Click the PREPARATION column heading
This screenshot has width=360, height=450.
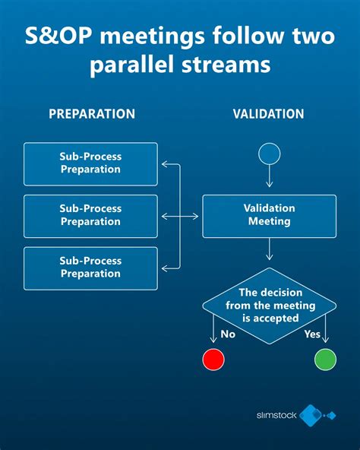[92, 114]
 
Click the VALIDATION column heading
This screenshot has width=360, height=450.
[268, 114]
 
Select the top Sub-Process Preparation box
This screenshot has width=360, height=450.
[90, 163]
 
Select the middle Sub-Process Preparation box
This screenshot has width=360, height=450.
[90, 216]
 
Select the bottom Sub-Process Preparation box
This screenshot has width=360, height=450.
[90, 268]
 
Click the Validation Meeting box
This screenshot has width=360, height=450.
[269, 215]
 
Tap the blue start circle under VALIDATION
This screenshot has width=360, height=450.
[270, 154]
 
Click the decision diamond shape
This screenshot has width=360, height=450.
[269, 305]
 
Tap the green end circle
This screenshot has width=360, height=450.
[324, 359]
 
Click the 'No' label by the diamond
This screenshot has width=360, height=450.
[227, 334]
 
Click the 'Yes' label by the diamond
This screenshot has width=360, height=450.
[311, 334]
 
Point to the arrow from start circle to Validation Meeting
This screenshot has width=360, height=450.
[270, 178]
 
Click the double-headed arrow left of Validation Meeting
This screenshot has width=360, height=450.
[181, 217]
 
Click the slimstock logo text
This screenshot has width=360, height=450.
[276, 415]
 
